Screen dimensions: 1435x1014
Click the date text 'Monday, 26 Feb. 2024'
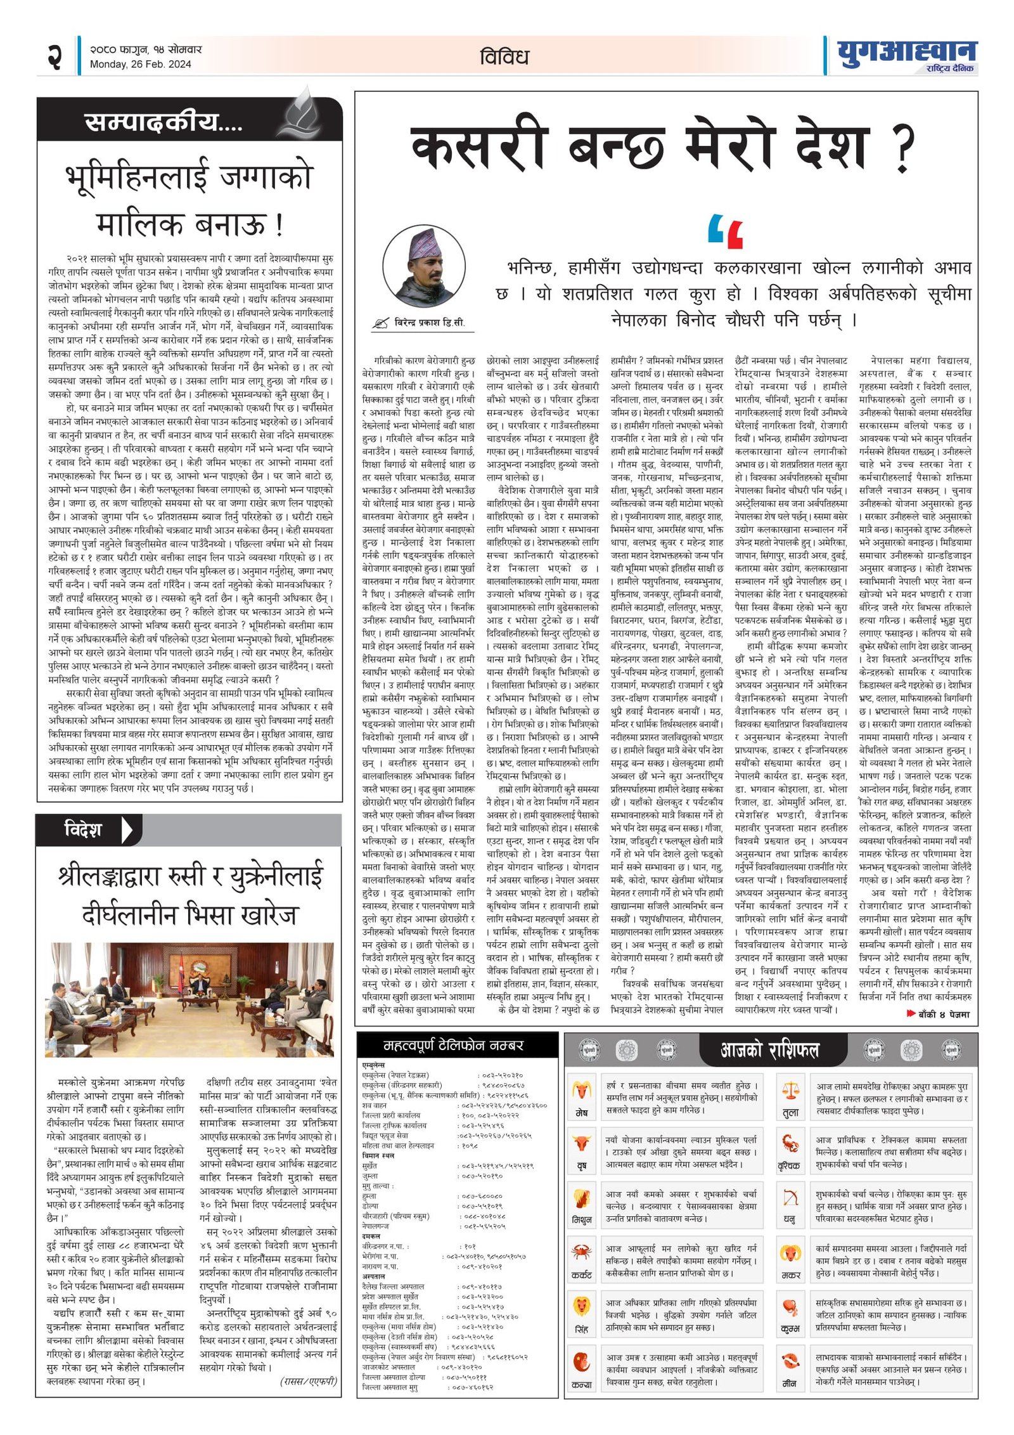coord(140,64)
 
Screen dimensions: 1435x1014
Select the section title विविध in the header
coord(504,57)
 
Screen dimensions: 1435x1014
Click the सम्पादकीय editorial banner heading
coord(164,122)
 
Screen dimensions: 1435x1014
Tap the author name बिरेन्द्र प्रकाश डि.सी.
coord(429,322)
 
